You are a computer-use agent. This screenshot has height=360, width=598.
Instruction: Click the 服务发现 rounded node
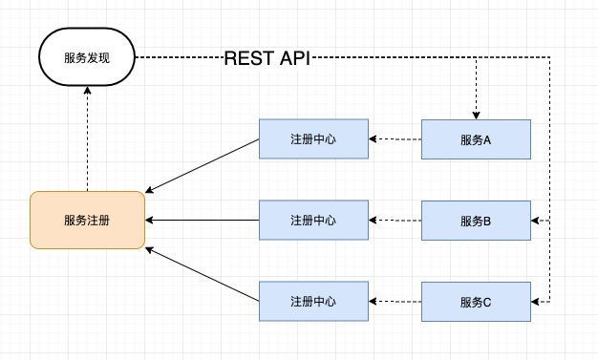click(87, 57)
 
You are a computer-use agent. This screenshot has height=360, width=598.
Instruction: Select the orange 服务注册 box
click(87, 220)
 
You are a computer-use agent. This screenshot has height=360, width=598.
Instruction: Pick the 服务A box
click(476, 139)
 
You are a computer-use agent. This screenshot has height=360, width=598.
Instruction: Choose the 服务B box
click(476, 221)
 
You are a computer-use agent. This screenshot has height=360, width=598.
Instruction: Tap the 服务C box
click(476, 302)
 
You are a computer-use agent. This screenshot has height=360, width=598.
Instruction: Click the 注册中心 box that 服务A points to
click(313, 139)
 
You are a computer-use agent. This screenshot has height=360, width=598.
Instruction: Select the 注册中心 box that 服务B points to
click(313, 221)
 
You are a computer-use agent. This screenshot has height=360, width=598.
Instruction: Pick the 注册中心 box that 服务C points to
click(313, 302)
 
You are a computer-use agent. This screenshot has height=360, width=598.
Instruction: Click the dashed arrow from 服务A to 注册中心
click(395, 139)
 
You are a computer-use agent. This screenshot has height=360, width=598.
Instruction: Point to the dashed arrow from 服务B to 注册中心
click(395, 221)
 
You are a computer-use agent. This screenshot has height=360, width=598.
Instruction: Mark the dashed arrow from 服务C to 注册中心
click(395, 302)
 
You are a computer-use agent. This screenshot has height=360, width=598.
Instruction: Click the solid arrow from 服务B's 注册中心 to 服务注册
click(203, 221)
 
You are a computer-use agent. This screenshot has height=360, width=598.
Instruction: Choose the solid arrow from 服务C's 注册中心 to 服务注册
click(203, 274)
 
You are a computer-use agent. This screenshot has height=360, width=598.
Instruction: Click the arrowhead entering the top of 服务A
click(476, 115)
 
